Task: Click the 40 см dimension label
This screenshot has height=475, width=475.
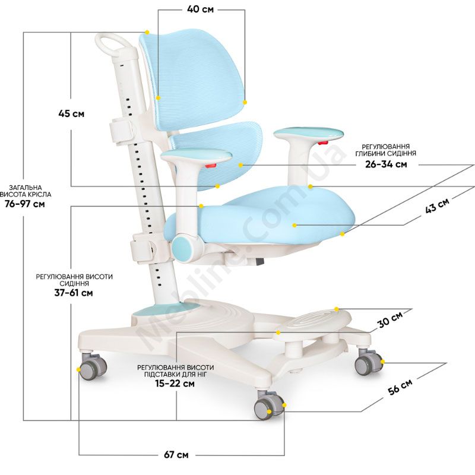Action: point(200,9)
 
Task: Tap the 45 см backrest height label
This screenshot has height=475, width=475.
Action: point(71,113)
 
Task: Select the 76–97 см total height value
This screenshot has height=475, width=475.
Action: point(25,204)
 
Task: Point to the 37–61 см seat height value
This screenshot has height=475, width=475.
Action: point(74,293)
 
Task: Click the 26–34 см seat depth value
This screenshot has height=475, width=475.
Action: point(386,164)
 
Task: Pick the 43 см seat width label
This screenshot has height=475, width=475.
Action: point(437,205)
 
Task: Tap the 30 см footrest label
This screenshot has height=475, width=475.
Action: point(390,319)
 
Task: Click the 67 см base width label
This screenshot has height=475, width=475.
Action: point(176,455)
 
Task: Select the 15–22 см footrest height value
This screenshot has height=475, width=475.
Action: point(175,384)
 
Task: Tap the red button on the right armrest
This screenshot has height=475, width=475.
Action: point(323,142)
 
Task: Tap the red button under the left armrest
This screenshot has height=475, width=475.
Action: point(211,166)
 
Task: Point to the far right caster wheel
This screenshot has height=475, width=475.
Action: point(368,362)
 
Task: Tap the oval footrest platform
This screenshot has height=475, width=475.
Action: point(313,322)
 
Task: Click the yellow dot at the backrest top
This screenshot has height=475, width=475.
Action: point(147,32)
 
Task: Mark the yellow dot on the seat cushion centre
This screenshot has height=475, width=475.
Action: point(294,225)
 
